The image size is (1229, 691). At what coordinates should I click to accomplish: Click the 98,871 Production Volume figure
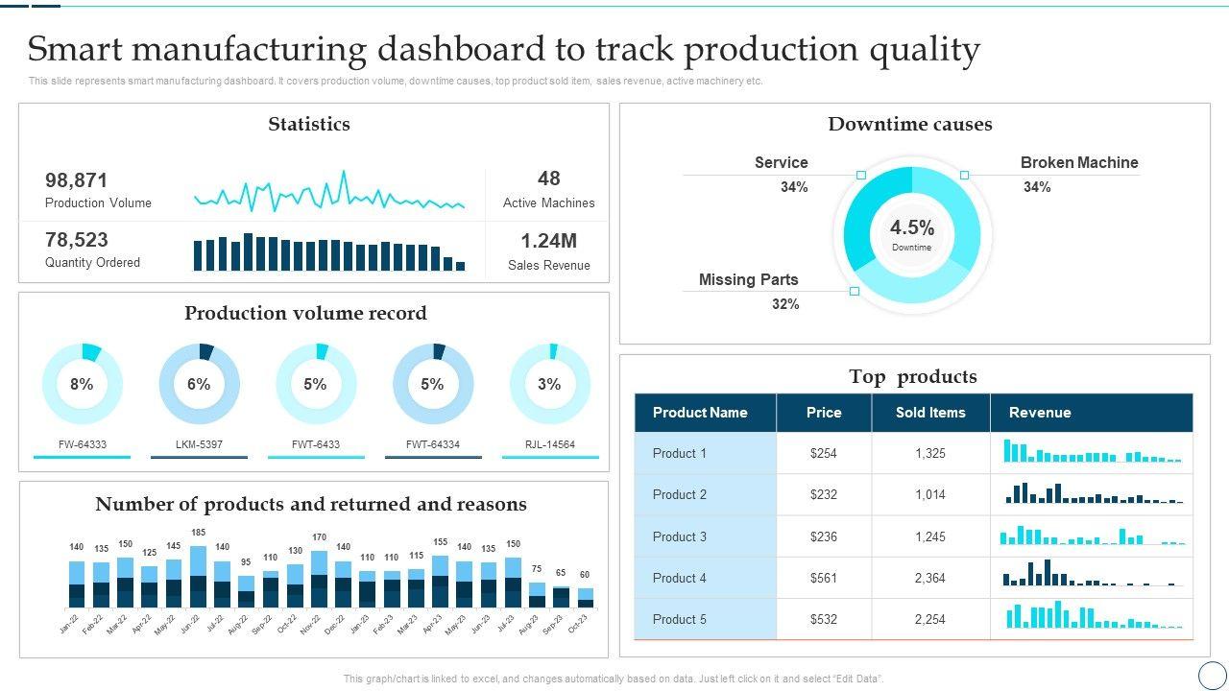pyautogui.click(x=77, y=180)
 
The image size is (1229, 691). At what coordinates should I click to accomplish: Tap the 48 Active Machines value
pyautogui.click(x=548, y=179)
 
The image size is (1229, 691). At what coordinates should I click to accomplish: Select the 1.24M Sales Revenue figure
pyautogui.click(x=548, y=241)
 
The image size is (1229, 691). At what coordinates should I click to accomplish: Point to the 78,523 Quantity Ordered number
pyautogui.click(x=77, y=240)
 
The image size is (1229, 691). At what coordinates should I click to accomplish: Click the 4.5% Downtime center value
pyautogui.click(x=911, y=228)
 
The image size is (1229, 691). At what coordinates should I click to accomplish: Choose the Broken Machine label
pyautogui.click(x=1078, y=163)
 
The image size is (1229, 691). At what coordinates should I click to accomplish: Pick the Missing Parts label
pyautogui.click(x=748, y=280)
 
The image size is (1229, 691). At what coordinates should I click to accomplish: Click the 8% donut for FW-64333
pyautogui.click(x=82, y=384)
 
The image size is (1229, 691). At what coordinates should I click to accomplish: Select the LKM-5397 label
pyautogui.click(x=199, y=444)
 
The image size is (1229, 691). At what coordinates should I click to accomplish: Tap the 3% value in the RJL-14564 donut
pyautogui.click(x=549, y=384)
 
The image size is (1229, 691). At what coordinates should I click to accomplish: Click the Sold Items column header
pyautogui.click(x=929, y=413)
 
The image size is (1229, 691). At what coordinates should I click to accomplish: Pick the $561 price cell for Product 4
pyautogui.click(x=823, y=578)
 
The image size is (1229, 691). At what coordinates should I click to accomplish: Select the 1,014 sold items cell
pyautogui.click(x=929, y=494)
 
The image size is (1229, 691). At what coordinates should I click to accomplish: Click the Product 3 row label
pyautogui.click(x=679, y=536)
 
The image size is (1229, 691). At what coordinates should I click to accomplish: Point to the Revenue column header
pyautogui.click(x=1039, y=413)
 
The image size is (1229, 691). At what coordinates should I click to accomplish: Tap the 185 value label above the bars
pyautogui.click(x=198, y=533)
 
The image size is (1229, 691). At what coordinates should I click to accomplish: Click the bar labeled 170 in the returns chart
pyautogui.click(x=320, y=579)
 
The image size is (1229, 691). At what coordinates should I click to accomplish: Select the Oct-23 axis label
pyautogui.click(x=577, y=623)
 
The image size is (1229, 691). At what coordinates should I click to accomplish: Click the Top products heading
pyautogui.click(x=912, y=376)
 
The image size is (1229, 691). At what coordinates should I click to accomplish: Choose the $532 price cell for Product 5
pyautogui.click(x=823, y=619)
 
